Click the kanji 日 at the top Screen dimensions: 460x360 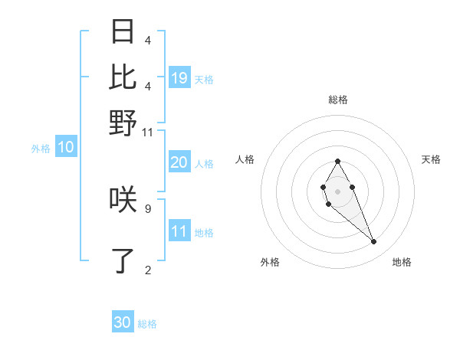pos(123,32)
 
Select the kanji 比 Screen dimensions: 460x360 pos(123,77)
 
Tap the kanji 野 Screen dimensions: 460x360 pos(123,123)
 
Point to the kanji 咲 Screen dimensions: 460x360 pos(123,200)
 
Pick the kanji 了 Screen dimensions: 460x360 pos(123,260)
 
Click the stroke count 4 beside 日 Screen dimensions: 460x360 pos(147,40)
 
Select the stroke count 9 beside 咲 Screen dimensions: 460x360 pos(147,208)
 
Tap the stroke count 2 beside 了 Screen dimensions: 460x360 pos(147,269)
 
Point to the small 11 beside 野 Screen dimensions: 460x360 pos(148,132)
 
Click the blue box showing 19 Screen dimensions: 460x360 pos(179,77)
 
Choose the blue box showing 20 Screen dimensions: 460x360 pos(179,162)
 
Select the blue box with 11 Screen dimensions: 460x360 pos(179,231)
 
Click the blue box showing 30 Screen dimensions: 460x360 pos(123,322)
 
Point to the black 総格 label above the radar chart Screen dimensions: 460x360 pos(337,100)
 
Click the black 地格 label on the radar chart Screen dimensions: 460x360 pos(402,262)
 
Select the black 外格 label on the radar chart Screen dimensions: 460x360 pos(270,262)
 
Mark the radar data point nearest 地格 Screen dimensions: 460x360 pos(374,242)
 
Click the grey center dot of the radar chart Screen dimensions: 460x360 pos(337,190)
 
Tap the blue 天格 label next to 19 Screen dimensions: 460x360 pos(204,79)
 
